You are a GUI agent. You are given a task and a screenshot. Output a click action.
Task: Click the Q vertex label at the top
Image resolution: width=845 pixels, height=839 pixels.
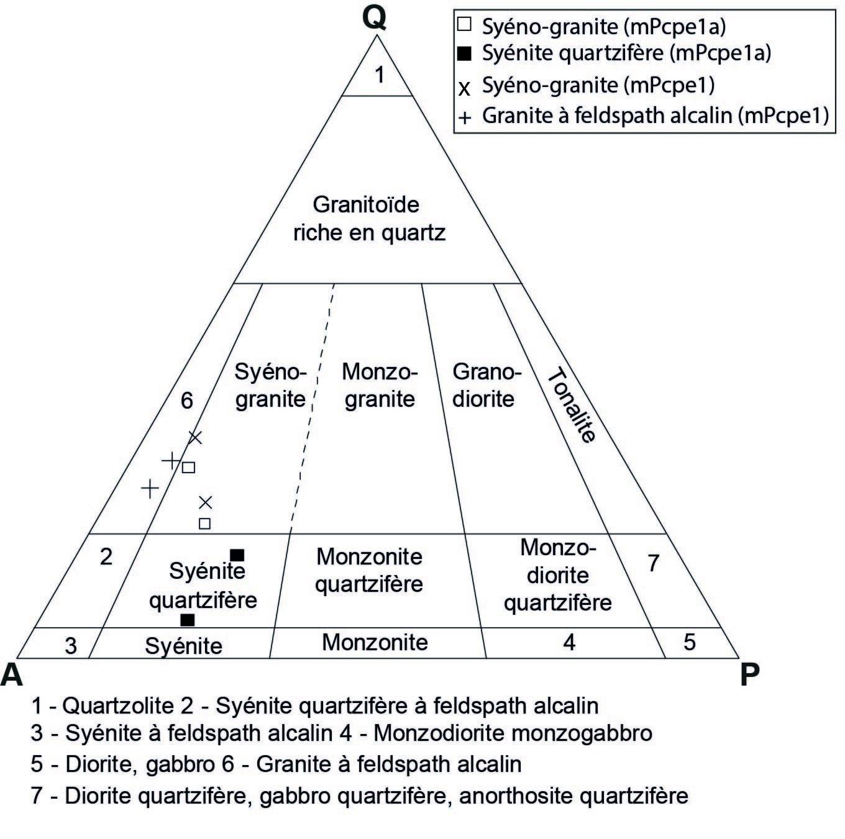point(375,18)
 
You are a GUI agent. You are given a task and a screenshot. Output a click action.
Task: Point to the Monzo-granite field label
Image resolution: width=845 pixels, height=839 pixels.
point(380,385)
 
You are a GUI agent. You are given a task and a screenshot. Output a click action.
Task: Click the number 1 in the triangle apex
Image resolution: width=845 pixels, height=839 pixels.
point(380,76)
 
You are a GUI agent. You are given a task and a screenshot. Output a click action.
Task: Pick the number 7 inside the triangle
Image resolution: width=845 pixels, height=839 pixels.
point(653,563)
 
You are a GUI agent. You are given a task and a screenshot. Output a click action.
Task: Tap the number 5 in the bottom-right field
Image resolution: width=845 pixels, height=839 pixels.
point(690,642)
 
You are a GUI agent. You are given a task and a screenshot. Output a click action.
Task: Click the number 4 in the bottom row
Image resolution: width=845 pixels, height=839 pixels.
point(569,642)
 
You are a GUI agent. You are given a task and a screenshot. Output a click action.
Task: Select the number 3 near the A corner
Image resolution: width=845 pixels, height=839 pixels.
point(71,646)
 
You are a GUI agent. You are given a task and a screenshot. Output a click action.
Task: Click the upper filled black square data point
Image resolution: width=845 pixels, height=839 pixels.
point(237,555)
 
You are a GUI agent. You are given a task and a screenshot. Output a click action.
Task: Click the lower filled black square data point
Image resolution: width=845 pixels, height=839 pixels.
point(187,620)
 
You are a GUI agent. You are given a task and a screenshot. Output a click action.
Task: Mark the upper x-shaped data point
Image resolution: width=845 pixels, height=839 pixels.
point(195,438)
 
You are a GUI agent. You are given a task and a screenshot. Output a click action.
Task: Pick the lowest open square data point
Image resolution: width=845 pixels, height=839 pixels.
point(204,524)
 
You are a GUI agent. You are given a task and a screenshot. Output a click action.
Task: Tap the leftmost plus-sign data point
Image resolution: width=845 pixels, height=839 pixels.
point(150,488)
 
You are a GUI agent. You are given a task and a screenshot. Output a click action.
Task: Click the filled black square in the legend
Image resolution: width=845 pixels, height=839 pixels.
point(465,54)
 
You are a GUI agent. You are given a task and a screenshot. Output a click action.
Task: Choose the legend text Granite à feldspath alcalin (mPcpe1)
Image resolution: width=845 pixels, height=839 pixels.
point(655,116)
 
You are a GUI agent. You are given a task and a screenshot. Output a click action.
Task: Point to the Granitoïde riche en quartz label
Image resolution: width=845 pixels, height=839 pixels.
point(369,219)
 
